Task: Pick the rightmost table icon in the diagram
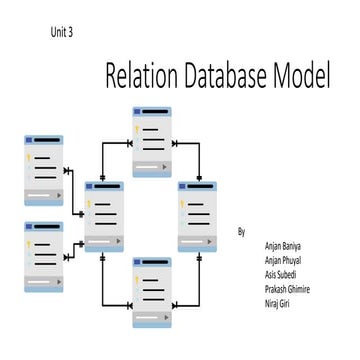pos(196,215)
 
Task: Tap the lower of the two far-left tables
pos(43,258)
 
